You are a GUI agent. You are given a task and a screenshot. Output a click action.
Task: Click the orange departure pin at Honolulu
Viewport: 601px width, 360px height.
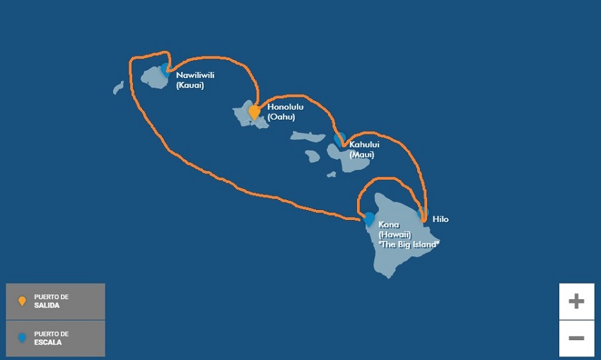click(x=254, y=111)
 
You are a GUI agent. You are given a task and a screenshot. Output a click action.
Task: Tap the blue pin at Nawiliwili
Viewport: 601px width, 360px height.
click(x=165, y=69)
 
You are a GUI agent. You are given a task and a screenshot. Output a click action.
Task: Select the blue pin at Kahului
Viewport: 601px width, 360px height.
click(x=339, y=138)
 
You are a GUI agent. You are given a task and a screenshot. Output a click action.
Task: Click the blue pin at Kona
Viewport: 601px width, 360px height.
click(x=368, y=218)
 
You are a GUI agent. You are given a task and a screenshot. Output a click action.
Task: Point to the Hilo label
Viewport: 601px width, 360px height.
click(x=440, y=219)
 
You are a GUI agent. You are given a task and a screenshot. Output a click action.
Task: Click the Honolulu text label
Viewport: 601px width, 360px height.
click(x=285, y=107)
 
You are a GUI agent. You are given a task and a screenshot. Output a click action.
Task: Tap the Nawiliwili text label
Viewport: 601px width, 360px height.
click(x=197, y=74)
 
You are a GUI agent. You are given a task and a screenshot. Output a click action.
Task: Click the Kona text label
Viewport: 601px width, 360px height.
click(x=388, y=225)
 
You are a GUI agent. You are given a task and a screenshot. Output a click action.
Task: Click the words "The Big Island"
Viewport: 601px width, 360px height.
click(x=409, y=243)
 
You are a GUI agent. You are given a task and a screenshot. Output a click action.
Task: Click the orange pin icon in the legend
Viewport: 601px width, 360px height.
click(x=22, y=301)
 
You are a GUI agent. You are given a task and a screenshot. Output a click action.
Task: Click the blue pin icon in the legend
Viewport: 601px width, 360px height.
click(x=22, y=338)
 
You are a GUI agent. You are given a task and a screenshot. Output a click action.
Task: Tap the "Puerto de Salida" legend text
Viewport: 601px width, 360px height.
click(x=51, y=301)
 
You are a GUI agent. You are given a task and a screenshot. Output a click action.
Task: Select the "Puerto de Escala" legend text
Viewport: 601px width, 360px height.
click(x=51, y=338)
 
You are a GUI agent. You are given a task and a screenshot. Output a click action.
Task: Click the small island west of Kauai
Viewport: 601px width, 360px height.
click(x=118, y=88)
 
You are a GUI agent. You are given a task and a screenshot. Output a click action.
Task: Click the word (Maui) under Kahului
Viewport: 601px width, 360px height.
click(x=362, y=154)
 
